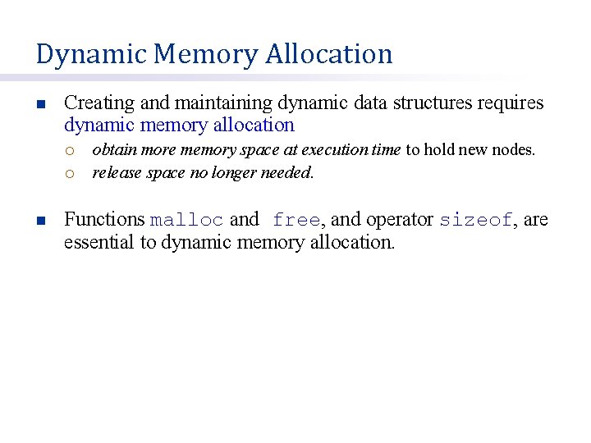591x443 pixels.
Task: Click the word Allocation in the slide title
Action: (328, 54)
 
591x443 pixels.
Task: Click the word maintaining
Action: (221, 103)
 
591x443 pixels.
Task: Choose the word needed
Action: (287, 173)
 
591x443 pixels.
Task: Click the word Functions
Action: (104, 220)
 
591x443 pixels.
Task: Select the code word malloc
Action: (186, 220)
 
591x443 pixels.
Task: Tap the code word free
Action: (295, 220)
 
